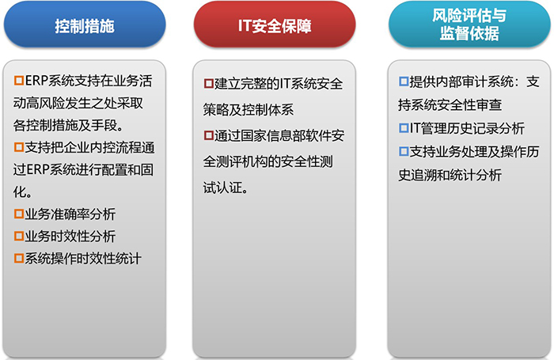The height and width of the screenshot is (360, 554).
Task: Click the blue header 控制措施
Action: [x=85, y=25]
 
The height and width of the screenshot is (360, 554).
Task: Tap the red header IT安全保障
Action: [x=275, y=25]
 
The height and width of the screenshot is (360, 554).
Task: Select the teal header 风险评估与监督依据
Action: [x=469, y=25]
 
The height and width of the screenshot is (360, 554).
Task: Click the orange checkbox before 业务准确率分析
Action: [x=19, y=214]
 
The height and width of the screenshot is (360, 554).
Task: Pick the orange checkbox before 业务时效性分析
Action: [x=19, y=237]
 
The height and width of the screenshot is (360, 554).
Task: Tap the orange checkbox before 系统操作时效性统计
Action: [x=19, y=259]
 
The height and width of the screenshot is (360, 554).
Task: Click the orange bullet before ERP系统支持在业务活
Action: [x=19, y=81]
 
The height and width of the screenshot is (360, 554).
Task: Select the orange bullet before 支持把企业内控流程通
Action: [x=19, y=147]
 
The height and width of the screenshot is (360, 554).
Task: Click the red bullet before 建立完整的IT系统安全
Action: [x=209, y=84]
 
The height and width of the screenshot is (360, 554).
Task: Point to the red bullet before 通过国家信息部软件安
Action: [x=209, y=135]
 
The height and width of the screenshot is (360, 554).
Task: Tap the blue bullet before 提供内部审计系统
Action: [x=404, y=81]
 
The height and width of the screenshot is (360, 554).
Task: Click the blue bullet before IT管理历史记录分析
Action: [x=404, y=128]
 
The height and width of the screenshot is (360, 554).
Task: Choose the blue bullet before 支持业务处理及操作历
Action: [x=404, y=152]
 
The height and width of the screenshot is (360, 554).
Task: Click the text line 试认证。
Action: [x=226, y=188]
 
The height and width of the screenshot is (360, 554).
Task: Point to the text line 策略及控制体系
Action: [x=249, y=110]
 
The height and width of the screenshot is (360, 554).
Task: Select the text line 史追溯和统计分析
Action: [x=450, y=175]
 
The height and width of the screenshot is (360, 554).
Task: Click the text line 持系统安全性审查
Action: [x=450, y=105]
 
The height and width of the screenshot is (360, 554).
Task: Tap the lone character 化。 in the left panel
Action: [x=23, y=191]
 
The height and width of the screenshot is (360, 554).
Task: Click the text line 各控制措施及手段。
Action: [x=68, y=125]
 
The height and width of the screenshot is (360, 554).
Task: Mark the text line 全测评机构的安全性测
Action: [x=268, y=162]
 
